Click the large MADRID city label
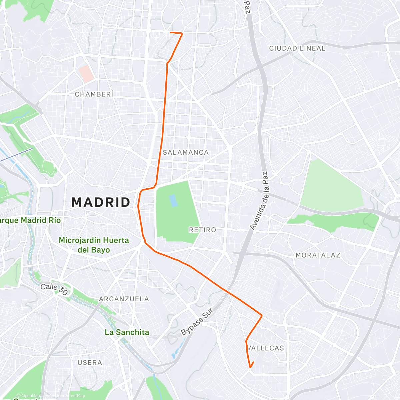pos(101,202)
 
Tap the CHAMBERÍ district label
pos(94,94)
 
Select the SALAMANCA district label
pos(186,152)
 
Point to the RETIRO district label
pos(202,230)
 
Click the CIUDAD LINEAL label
pos(297,48)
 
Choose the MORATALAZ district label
pos(318,255)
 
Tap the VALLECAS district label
pos(266,348)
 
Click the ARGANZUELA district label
pos(124,299)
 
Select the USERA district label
pos(90,362)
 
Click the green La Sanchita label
pos(127,332)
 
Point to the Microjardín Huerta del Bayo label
pos(94,245)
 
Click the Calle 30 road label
pos(54,289)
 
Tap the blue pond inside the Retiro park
pos(173,201)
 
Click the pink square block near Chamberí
pos(86,74)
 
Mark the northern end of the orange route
pos(171,32)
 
